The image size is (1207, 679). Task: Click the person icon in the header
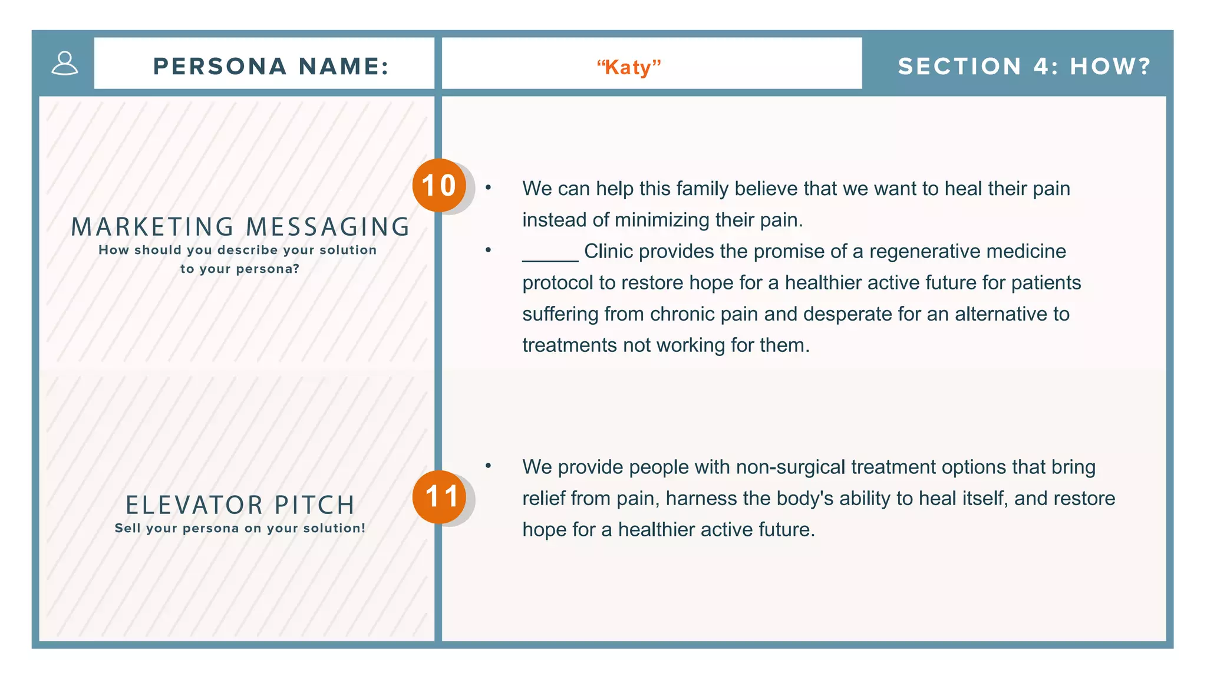tap(65, 64)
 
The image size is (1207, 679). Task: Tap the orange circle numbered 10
tap(439, 186)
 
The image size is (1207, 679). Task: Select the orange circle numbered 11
tap(439, 497)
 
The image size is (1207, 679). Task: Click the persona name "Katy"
tap(629, 67)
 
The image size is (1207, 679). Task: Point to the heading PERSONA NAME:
tap(271, 66)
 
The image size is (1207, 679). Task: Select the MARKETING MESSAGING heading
tap(240, 227)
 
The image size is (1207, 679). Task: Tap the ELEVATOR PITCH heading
tap(240, 505)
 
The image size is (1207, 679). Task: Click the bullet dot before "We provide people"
tap(488, 466)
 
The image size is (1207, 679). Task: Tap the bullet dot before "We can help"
tap(488, 187)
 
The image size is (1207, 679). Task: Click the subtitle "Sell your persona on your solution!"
tap(240, 529)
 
